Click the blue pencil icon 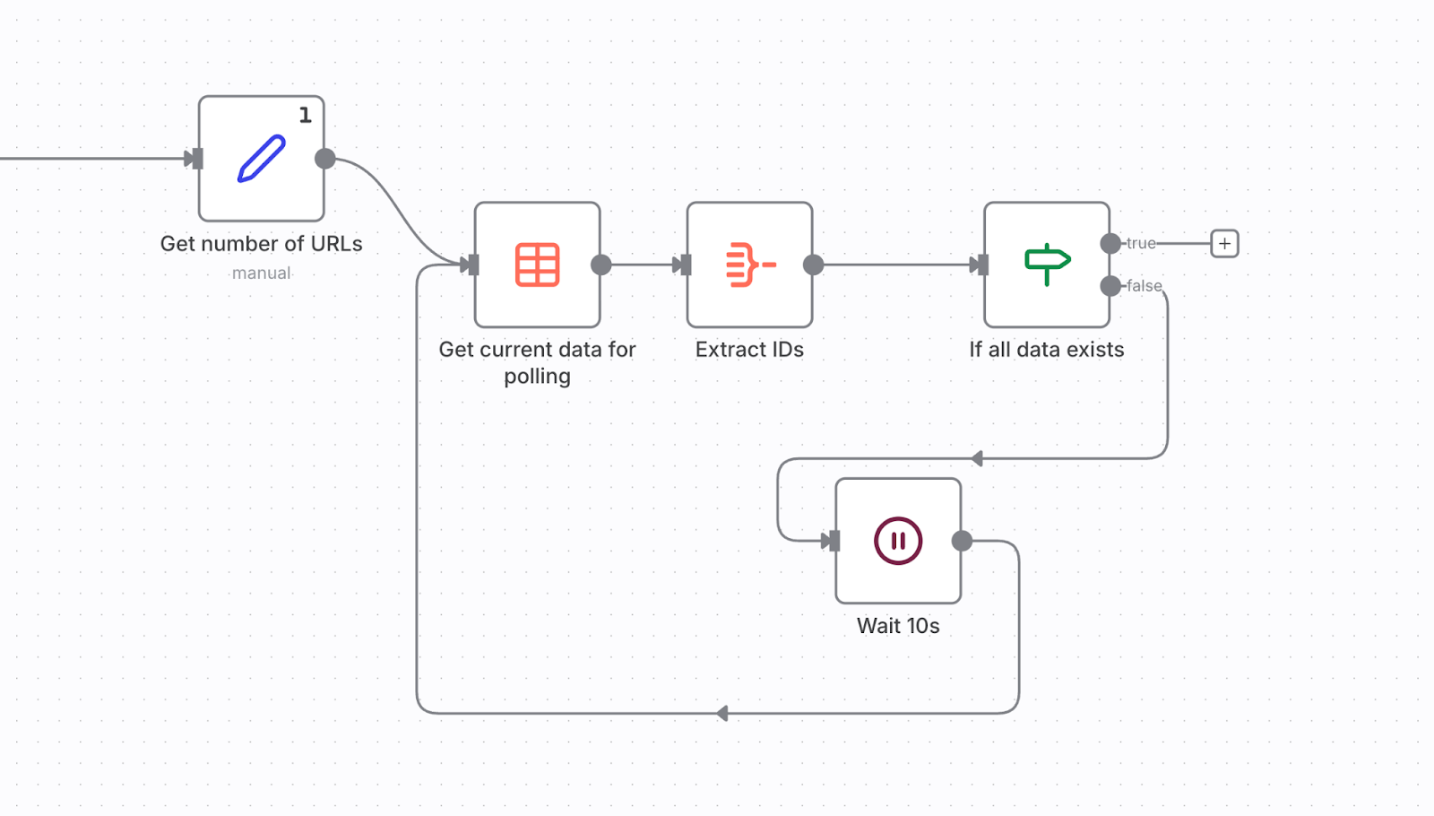tap(262, 159)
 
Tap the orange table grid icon tap(538, 265)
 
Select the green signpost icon tap(1047, 264)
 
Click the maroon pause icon tap(898, 541)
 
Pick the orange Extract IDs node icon tap(750, 265)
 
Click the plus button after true tap(1224, 243)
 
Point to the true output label tap(1141, 243)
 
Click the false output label tap(1144, 286)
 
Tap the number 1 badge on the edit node tap(306, 115)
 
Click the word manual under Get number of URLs tap(261, 273)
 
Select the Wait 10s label tap(898, 626)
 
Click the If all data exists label tap(1046, 350)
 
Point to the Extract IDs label tap(749, 350)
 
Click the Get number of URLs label tap(261, 244)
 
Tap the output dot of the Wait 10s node tap(962, 541)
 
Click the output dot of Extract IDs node tap(813, 265)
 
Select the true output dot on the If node tap(1110, 243)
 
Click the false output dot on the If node tap(1110, 286)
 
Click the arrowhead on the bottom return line tap(722, 714)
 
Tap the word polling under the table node tap(537, 377)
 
